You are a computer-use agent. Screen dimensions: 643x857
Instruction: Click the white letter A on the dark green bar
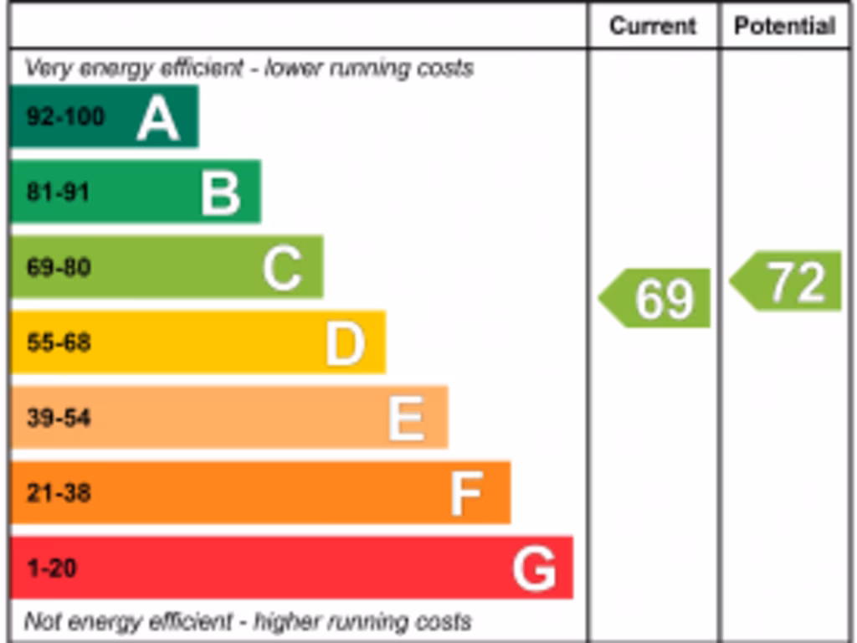(158, 117)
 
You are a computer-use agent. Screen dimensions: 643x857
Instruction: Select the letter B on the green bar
(221, 193)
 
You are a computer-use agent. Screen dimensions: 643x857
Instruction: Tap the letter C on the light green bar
(282, 268)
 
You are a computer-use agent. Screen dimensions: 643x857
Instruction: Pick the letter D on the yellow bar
(345, 343)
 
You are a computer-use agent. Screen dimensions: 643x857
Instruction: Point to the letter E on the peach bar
(407, 418)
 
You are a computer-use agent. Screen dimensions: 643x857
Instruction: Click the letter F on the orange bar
(466, 493)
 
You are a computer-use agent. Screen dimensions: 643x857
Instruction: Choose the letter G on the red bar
(534, 569)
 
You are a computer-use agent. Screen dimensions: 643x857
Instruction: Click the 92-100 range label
(65, 116)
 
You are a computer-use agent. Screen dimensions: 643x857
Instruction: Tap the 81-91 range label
(58, 192)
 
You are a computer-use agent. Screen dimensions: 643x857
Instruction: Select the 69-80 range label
(59, 268)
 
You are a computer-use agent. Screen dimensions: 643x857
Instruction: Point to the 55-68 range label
(59, 342)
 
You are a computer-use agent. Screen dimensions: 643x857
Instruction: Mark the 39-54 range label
(59, 418)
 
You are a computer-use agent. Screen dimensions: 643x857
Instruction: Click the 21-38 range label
(59, 493)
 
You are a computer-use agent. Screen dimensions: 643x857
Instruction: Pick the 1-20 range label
(52, 568)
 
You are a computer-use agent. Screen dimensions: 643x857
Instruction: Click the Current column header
(653, 26)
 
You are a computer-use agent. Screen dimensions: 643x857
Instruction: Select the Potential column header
(785, 26)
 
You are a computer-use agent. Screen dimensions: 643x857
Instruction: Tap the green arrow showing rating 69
(656, 298)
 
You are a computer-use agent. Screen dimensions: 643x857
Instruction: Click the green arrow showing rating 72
(787, 281)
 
